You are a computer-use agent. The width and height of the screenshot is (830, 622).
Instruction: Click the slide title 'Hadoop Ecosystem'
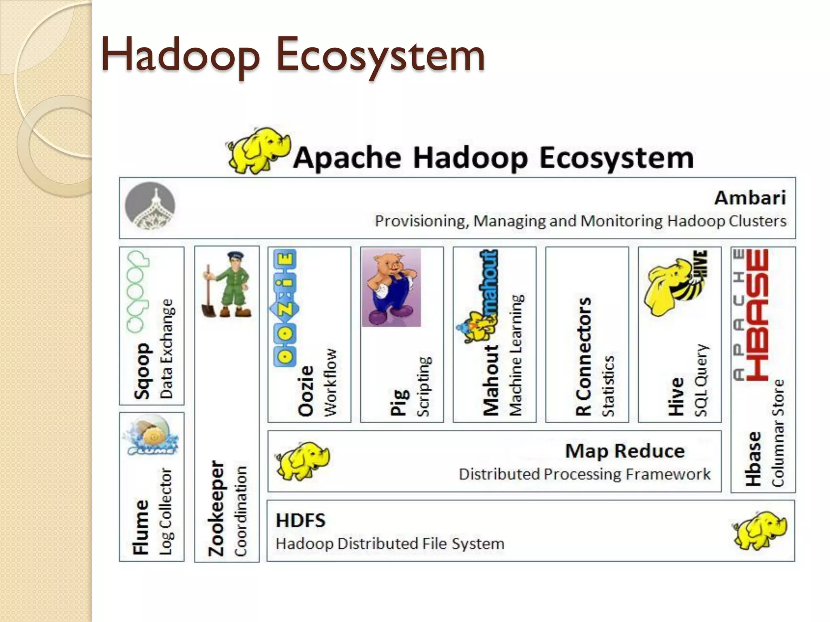click(293, 55)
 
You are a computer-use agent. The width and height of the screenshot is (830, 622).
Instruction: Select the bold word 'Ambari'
click(750, 198)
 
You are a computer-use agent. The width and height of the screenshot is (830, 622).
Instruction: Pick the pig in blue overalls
click(391, 288)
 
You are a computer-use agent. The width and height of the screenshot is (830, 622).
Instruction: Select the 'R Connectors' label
click(584, 356)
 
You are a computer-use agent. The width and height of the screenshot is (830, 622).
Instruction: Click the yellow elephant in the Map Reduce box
click(302, 460)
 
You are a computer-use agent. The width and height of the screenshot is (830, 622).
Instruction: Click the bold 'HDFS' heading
click(300, 520)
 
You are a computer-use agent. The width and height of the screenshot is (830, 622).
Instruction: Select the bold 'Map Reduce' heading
click(625, 451)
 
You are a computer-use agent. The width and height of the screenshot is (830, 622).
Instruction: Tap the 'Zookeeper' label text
click(216, 508)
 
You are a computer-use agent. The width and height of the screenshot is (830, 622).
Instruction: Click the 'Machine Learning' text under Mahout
click(516, 355)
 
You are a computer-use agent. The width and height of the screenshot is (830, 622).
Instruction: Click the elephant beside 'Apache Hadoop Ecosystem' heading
click(259, 151)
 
